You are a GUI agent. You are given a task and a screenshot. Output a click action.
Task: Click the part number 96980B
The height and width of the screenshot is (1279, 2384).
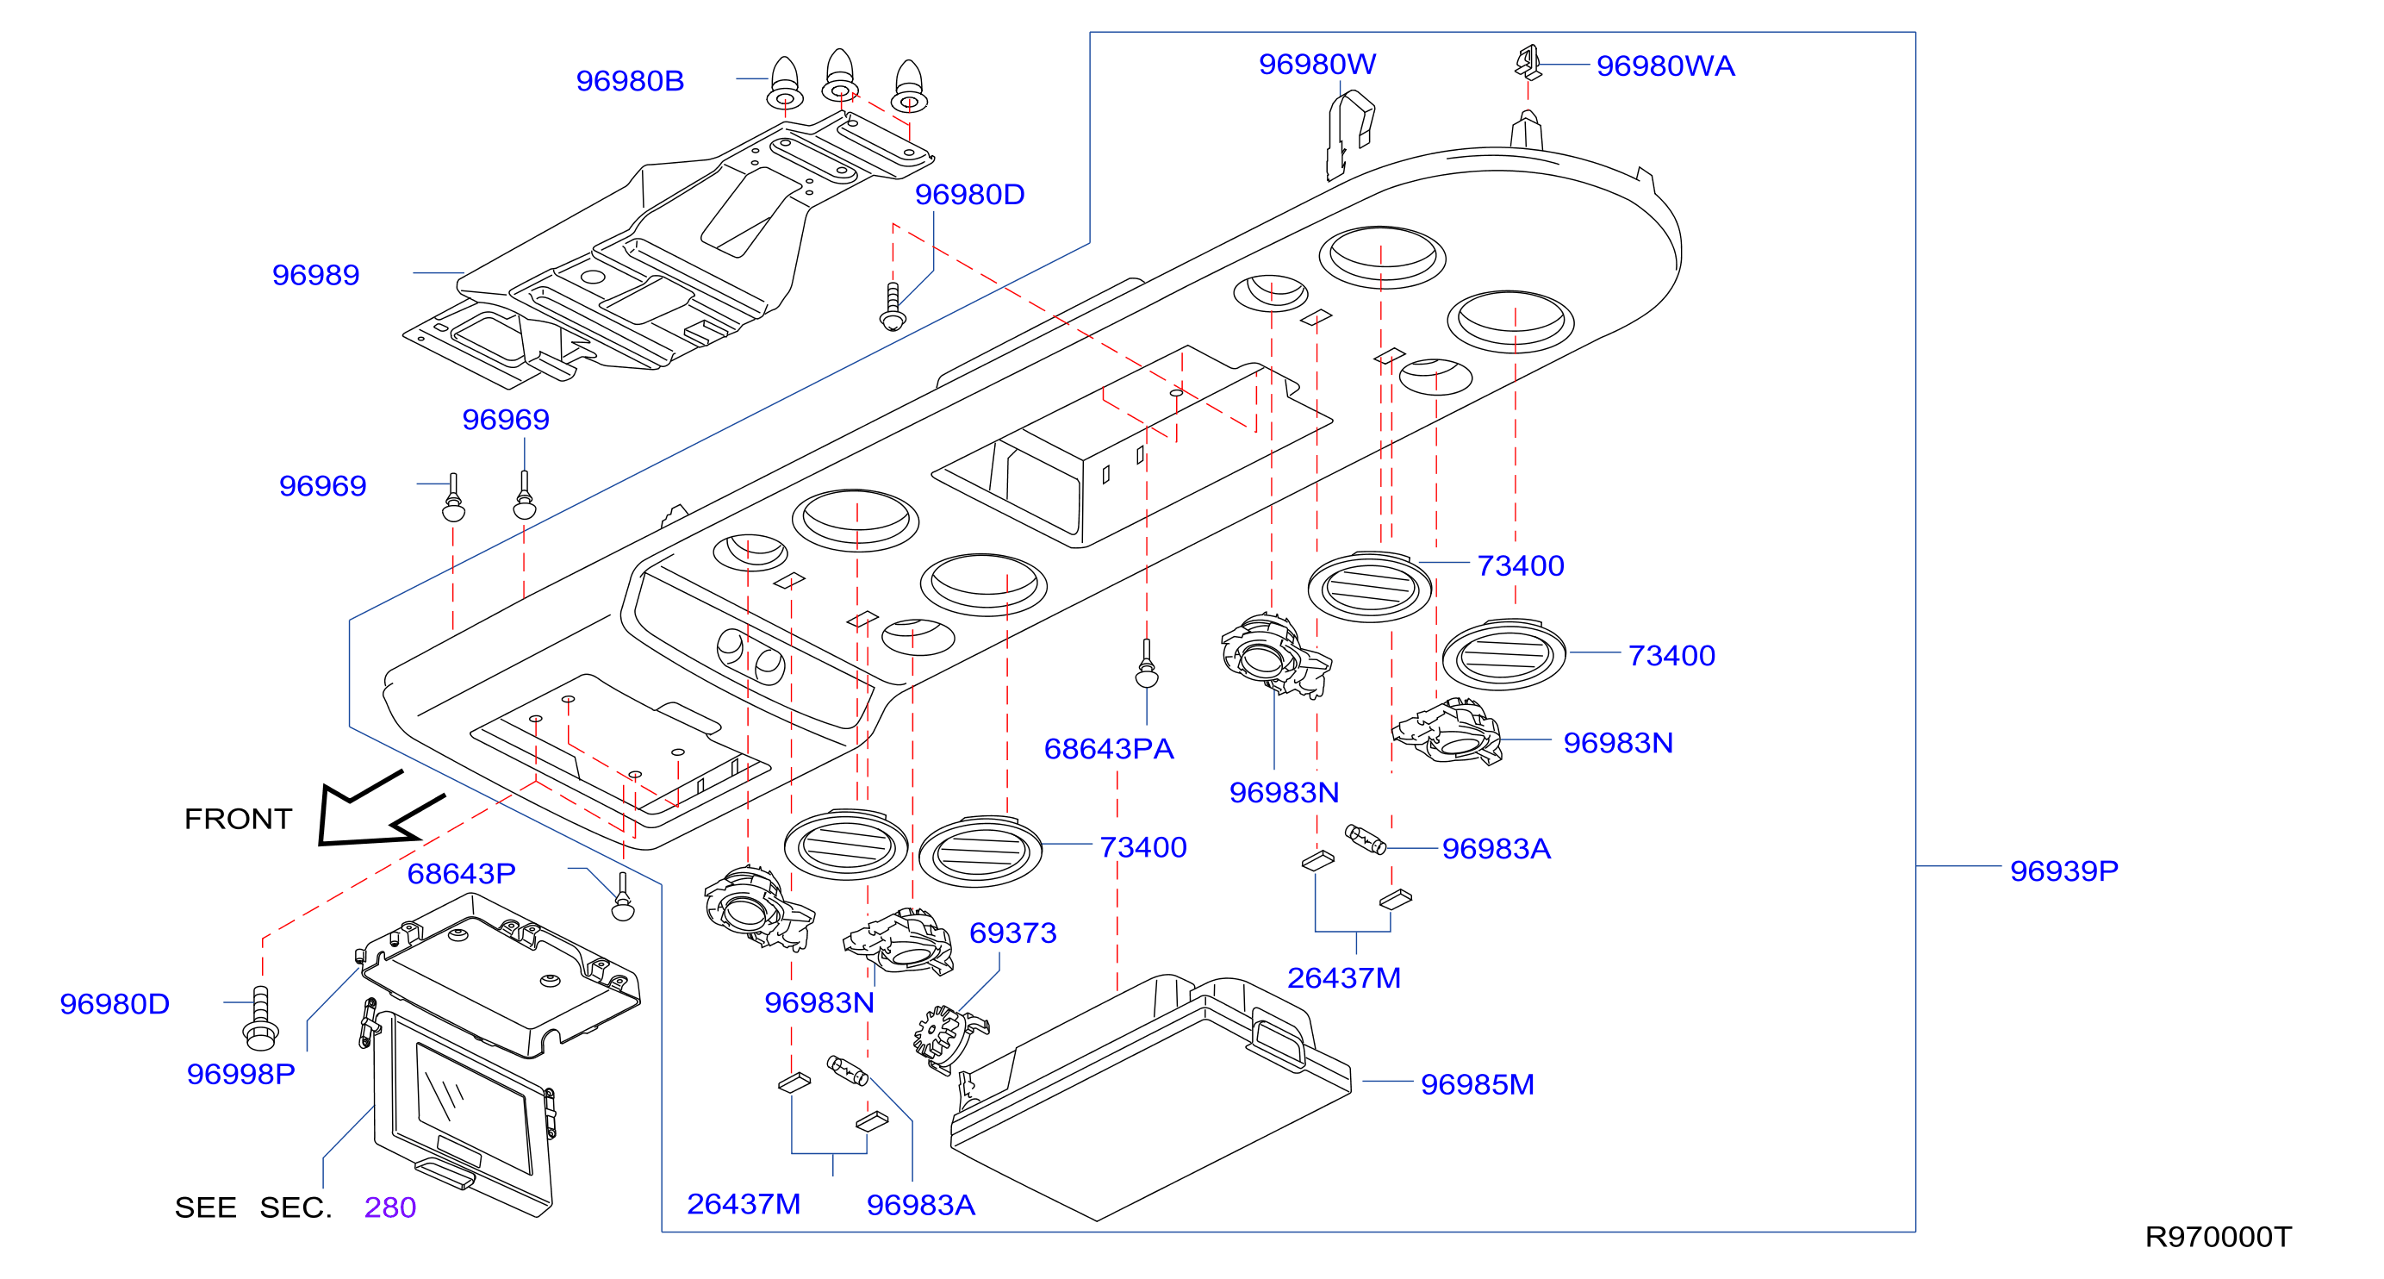click(629, 81)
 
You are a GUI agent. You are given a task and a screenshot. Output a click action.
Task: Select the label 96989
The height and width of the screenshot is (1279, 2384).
click(315, 275)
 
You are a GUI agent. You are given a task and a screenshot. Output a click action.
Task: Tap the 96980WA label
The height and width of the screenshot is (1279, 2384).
click(1665, 66)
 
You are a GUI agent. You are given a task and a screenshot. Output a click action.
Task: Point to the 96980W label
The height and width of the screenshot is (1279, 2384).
click(1317, 65)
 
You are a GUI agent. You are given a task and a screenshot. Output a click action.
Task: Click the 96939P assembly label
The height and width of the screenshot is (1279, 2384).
click(2063, 870)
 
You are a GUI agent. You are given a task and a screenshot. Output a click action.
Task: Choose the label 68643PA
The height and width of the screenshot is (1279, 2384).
click(1109, 749)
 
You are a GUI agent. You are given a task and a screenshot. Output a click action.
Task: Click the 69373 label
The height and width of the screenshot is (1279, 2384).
click(1012, 933)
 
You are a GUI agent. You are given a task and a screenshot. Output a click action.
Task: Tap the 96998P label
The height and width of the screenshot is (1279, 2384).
click(240, 1074)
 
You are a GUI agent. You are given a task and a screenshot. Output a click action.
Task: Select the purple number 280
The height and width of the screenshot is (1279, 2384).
click(389, 1207)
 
